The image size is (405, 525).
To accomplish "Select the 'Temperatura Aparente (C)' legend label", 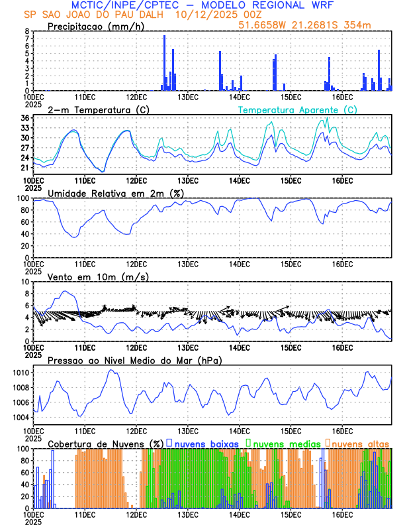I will coord(297,109).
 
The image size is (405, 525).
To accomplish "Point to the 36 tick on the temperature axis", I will coord(24,118).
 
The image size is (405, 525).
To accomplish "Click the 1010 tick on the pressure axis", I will coord(21,372).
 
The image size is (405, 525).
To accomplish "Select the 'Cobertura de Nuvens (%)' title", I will coord(106,442).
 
